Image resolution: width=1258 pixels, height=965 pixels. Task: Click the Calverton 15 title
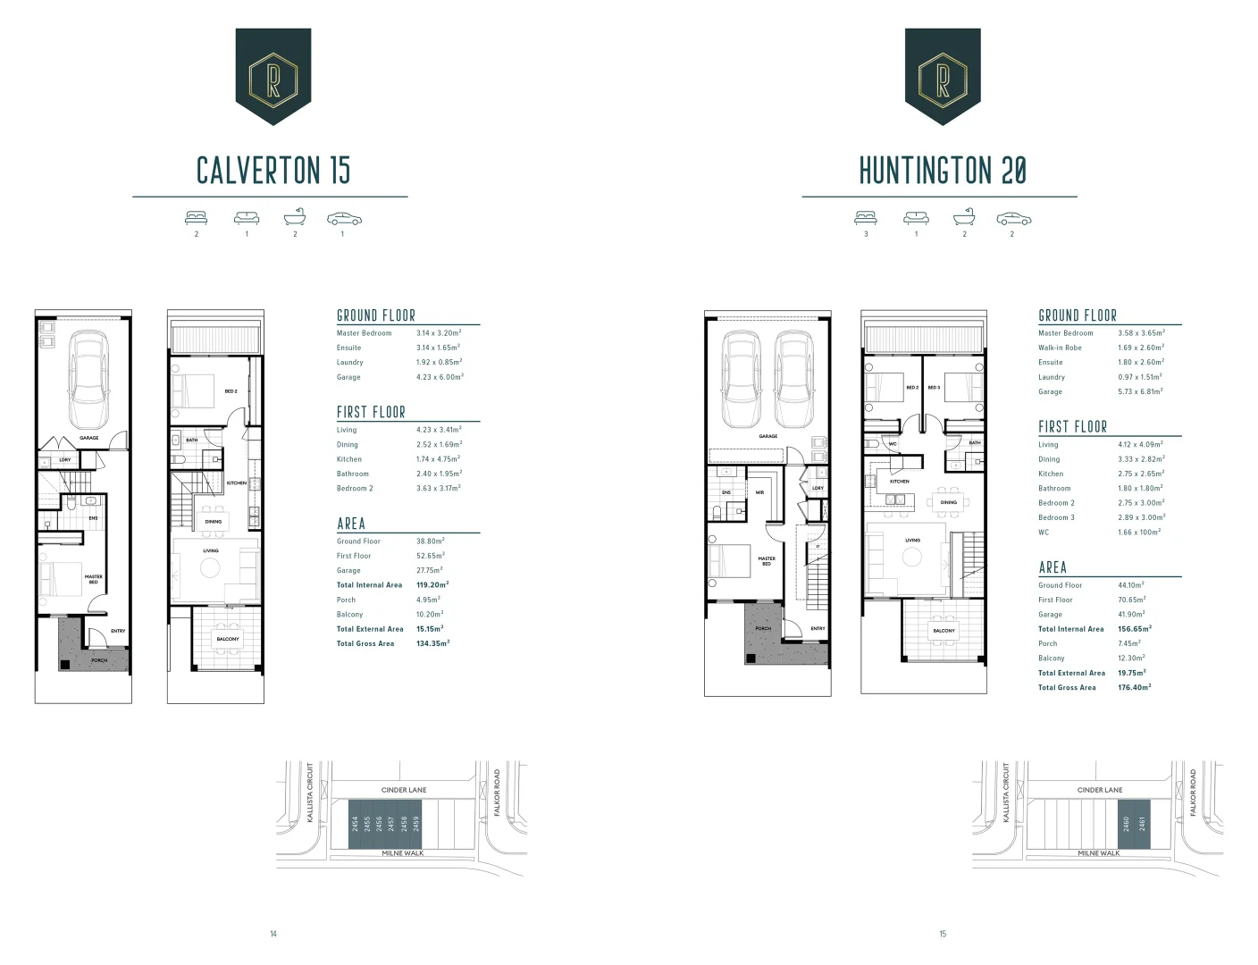click(x=273, y=170)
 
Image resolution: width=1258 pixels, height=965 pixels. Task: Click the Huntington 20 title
click(x=943, y=170)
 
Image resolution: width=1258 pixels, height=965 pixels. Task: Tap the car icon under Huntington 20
click(x=1013, y=219)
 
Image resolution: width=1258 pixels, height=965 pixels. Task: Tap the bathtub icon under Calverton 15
click(x=295, y=218)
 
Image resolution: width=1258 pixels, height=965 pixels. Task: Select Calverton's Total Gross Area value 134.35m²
click(x=432, y=643)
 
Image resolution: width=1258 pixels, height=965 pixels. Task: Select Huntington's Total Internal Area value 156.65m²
click(x=1135, y=629)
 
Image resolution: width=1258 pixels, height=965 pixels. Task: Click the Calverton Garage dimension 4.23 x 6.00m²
click(x=440, y=377)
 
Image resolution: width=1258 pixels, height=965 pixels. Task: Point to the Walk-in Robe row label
click(x=1060, y=348)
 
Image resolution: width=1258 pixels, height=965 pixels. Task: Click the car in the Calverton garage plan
click(x=88, y=380)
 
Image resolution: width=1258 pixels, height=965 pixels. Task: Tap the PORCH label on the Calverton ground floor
click(x=99, y=660)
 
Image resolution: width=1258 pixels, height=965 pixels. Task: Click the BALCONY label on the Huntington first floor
click(x=943, y=631)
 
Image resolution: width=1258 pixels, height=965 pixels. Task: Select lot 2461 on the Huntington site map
click(x=1143, y=823)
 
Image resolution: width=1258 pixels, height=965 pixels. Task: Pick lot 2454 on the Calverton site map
click(x=355, y=823)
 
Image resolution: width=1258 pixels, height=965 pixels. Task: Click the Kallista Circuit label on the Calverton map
click(x=310, y=793)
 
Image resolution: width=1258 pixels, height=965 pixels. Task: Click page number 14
click(x=273, y=934)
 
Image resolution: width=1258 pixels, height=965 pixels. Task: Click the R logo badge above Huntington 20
click(x=943, y=75)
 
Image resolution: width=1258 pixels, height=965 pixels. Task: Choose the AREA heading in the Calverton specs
click(x=351, y=524)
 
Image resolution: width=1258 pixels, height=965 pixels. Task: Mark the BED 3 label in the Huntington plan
click(x=934, y=388)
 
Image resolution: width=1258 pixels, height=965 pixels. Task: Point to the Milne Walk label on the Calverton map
click(x=402, y=853)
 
